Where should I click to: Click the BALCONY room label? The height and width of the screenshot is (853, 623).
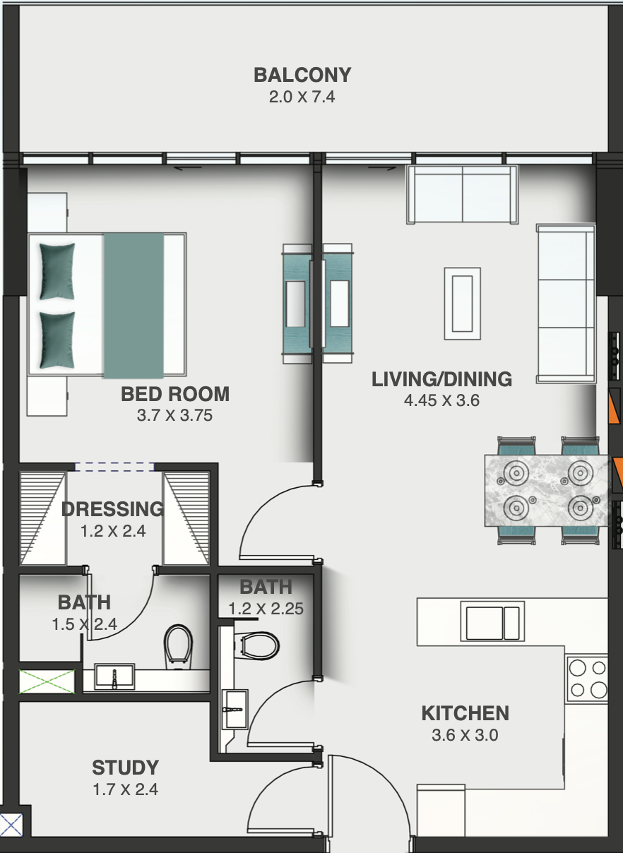pyautogui.click(x=302, y=75)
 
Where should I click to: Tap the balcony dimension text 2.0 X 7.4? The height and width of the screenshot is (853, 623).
pyautogui.click(x=302, y=97)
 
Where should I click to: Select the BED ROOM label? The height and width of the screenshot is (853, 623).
pyautogui.click(x=175, y=394)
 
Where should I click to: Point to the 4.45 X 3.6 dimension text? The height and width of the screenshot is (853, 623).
pyautogui.click(x=441, y=400)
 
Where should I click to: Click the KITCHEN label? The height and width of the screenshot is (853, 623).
pyautogui.click(x=465, y=713)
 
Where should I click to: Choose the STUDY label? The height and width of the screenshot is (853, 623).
pyautogui.click(x=125, y=768)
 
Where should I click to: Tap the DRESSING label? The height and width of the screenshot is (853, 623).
pyautogui.click(x=113, y=509)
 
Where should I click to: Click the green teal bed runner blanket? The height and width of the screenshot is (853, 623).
pyautogui.click(x=133, y=306)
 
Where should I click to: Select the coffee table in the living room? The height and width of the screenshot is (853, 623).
pyautogui.click(x=462, y=304)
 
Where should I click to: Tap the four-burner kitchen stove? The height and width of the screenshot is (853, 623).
pyautogui.click(x=587, y=679)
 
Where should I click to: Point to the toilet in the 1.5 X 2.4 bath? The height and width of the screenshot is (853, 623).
pyautogui.click(x=178, y=648)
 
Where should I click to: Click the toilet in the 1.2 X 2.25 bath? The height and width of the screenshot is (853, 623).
pyautogui.click(x=256, y=645)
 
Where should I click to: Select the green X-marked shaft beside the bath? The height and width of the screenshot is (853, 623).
pyautogui.click(x=47, y=681)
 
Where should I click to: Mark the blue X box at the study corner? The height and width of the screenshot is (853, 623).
pyautogui.click(x=11, y=825)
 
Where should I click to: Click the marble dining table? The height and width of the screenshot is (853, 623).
pyautogui.click(x=546, y=491)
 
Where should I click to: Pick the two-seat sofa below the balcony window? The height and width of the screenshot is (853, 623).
pyautogui.click(x=462, y=194)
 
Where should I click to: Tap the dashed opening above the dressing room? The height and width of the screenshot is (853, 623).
pyautogui.click(x=114, y=467)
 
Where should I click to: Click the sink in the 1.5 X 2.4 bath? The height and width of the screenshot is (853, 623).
pyautogui.click(x=114, y=676)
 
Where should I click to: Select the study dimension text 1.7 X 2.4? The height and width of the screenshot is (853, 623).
pyautogui.click(x=125, y=789)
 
